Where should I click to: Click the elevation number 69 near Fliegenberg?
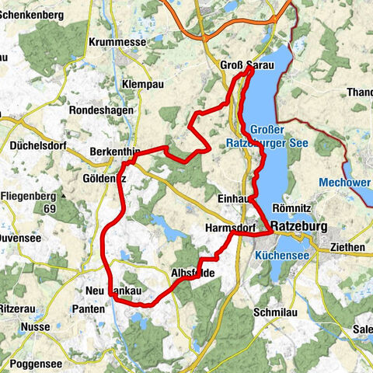(49, 210)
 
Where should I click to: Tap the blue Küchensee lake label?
(281, 254)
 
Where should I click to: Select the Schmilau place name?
(271, 311)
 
